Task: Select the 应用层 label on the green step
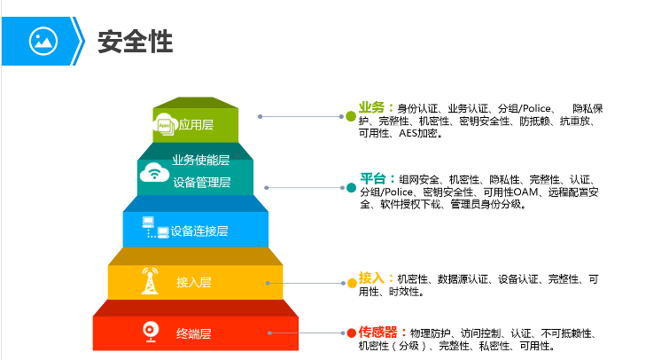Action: (x=197, y=125)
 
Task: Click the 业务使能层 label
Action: (x=201, y=160)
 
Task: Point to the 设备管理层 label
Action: (x=202, y=183)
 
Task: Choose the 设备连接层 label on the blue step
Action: (x=199, y=231)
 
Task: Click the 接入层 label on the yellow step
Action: (x=193, y=283)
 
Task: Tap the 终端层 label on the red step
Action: (x=193, y=333)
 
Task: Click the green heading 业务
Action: (x=375, y=106)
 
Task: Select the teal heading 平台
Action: (x=376, y=178)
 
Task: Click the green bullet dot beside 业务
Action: (x=350, y=116)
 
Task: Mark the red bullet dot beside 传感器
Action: (x=351, y=333)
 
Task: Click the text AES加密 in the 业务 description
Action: (x=415, y=134)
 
